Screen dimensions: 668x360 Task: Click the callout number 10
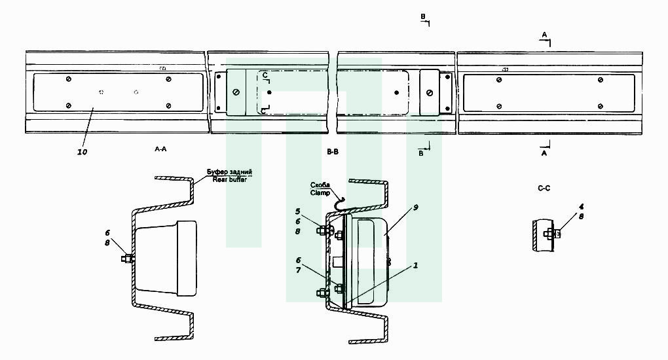point(83,152)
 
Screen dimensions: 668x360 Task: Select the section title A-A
point(160,149)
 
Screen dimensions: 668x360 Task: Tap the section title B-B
point(333,152)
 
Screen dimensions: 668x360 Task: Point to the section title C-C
point(544,188)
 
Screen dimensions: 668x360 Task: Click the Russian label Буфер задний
point(229,172)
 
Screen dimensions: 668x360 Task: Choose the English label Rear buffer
point(230,179)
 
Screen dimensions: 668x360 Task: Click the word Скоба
point(320,185)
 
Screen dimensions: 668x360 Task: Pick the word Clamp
point(320,193)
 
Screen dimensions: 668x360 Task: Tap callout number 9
point(415,207)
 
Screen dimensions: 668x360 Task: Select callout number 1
point(415,266)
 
